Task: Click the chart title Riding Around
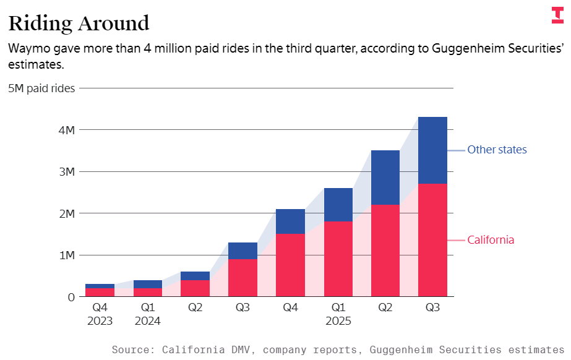(79, 23)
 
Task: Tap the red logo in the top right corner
(557, 15)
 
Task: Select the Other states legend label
(497, 150)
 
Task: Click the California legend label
(491, 240)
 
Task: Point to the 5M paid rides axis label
(41, 88)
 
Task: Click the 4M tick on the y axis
(67, 130)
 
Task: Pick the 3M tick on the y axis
(67, 172)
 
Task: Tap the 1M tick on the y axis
(67, 255)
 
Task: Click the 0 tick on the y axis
(71, 297)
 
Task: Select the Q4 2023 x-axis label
(100, 314)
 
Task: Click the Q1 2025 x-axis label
(338, 314)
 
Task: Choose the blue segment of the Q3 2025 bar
(432, 150)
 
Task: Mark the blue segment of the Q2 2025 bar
(385, 178)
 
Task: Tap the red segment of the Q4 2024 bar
(290, 265)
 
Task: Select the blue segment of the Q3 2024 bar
(243, 251)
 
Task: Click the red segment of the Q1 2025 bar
(338, 259)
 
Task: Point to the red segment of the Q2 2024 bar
(195, 288)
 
